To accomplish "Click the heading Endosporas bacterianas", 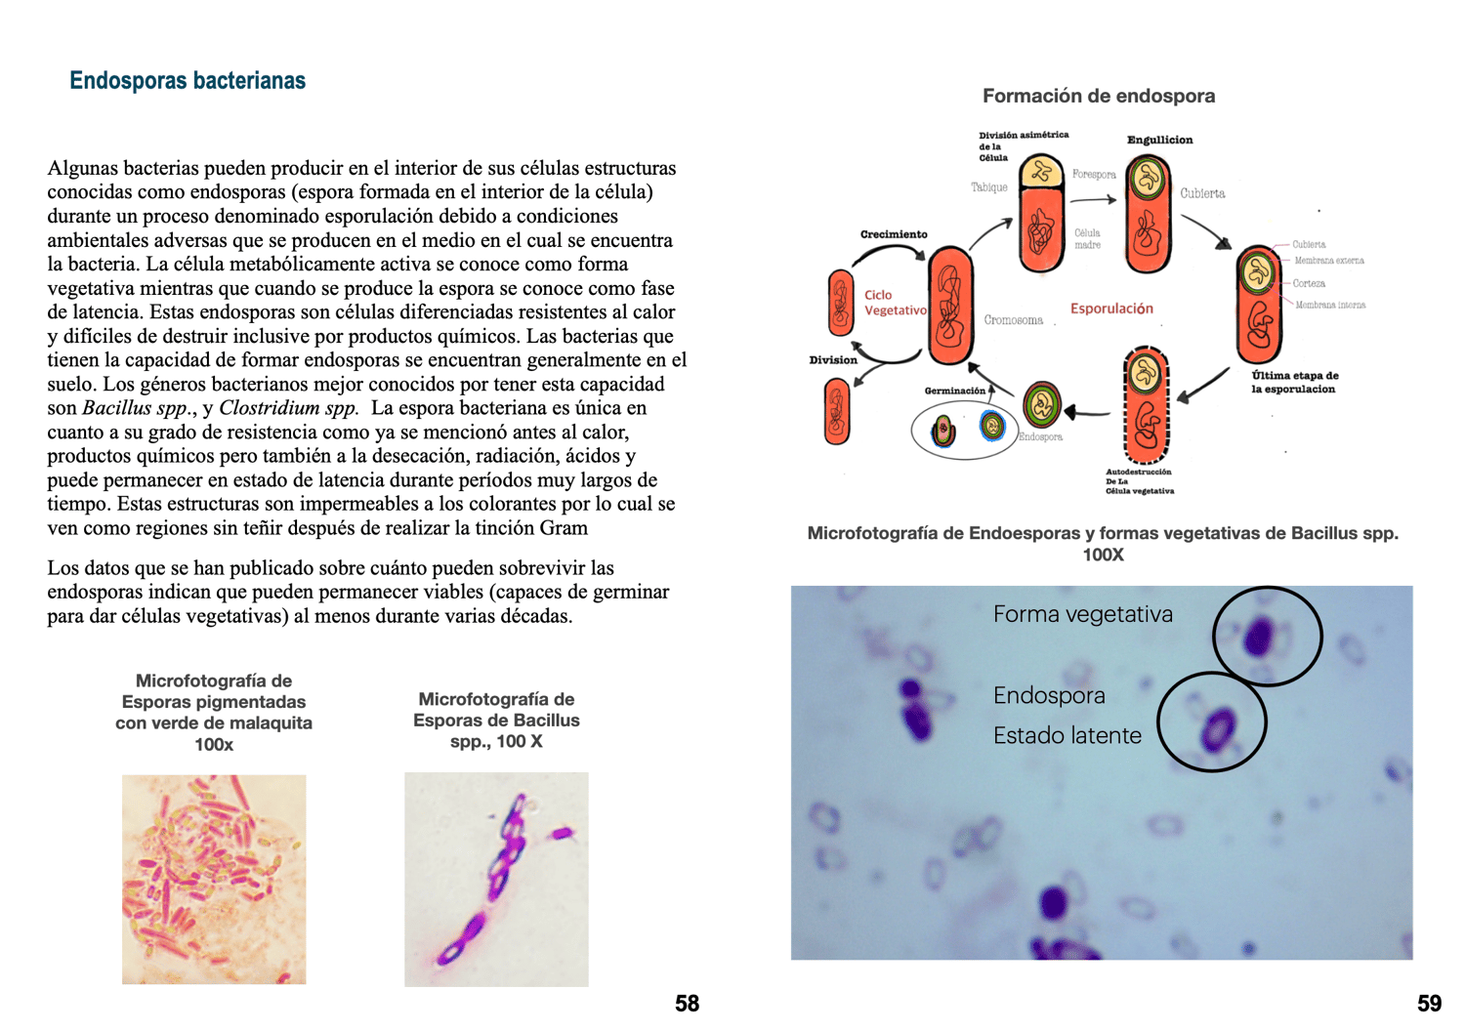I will (188, 80).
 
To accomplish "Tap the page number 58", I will (687, 1004).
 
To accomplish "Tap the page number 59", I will (1429, 1004).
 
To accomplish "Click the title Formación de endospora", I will (1099, 96).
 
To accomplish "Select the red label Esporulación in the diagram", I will (1111, 309).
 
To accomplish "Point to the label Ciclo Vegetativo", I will (894, 303).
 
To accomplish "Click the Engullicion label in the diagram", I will (1159, 140).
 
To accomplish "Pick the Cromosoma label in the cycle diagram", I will (1013, 320).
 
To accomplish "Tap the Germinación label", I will (954, 391).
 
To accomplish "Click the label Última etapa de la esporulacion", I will (1294, 382).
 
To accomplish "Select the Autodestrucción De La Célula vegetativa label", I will (1139, 481).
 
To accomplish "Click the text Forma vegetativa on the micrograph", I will (1082, 614).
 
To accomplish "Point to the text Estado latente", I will (1067, 735).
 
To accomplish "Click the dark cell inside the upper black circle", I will (1259, 637).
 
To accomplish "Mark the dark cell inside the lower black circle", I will (1216, 726).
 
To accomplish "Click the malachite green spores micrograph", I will (214, 879).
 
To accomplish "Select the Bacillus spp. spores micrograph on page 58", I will (496, 879).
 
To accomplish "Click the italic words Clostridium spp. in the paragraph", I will (288, 408).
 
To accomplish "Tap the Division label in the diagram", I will (833, 360).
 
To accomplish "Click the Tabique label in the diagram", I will (988, 187).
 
